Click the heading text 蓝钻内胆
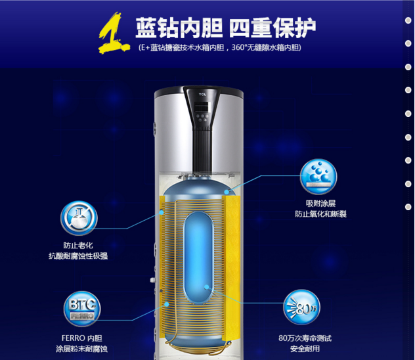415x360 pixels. point(179,28)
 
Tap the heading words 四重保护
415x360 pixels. point(273,28)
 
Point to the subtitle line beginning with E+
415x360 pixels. point(220,48)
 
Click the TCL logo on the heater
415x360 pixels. point(202,94)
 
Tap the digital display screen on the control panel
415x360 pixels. point(201,107)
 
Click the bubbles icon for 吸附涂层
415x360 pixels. point(318,176)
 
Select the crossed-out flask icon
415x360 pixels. point(79,218)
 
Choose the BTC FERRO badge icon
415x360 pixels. point(82,309)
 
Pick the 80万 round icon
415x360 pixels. point(301,307)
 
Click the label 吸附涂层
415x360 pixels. point(321,203)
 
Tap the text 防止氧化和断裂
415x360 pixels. point(321,214)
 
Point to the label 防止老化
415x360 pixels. point(78,246)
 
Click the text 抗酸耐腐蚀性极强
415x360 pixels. point(78,256)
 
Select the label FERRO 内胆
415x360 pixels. point(82,338)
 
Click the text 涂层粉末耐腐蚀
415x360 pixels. point(82,349)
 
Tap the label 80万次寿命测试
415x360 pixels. point(305,338)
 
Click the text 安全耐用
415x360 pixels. point(305,349)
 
